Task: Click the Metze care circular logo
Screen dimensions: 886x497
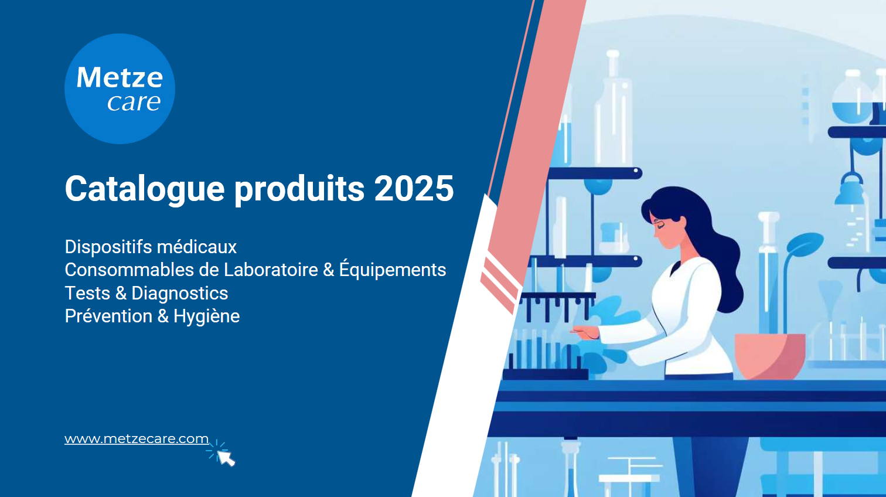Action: coord(120,88)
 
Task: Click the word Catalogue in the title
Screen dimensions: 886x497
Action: coord(145,189)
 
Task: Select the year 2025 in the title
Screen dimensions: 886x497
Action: coord(414,188)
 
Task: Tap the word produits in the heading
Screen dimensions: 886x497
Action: coord(299,189)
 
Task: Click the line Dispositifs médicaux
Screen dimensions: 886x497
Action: coord(151,247)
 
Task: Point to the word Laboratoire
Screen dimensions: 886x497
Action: coord(271,270)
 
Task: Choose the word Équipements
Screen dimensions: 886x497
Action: coord(393,269)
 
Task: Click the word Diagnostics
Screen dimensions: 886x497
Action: coord(179,293)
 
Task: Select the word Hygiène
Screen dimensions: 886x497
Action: coord(206,316)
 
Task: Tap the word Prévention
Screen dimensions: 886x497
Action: coord(109,316)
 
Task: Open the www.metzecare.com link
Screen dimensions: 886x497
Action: coord(137,439)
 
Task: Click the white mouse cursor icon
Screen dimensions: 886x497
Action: coord(226,458)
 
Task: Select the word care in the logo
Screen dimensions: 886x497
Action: coord(134,103)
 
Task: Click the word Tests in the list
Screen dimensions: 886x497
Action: coord(87,293)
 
